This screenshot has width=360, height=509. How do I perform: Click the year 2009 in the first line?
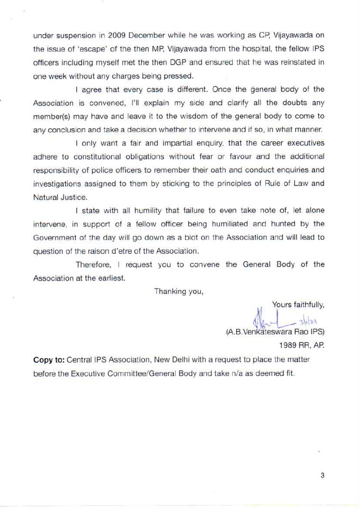tap(118, 36)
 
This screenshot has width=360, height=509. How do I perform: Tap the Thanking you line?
tap(179, 291)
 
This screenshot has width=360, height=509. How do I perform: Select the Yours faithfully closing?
tap(298, 304)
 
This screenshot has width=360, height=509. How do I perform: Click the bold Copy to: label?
tap(49, 359)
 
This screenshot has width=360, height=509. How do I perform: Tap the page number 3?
tap(322, 475)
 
